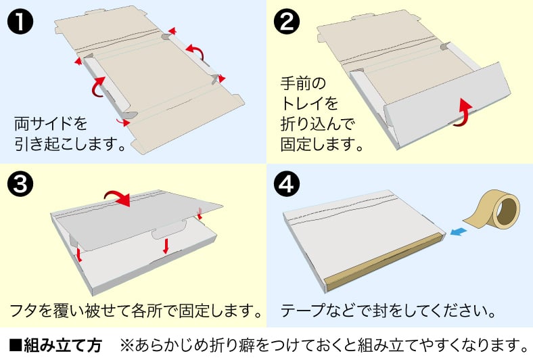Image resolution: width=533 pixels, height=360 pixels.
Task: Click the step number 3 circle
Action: click(20, 184)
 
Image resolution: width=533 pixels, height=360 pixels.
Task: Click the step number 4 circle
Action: click(286, 184)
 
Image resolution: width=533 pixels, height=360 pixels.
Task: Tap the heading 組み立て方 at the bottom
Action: click(62, 345)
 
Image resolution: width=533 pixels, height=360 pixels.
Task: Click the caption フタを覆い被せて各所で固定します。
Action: click(135, 312)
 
